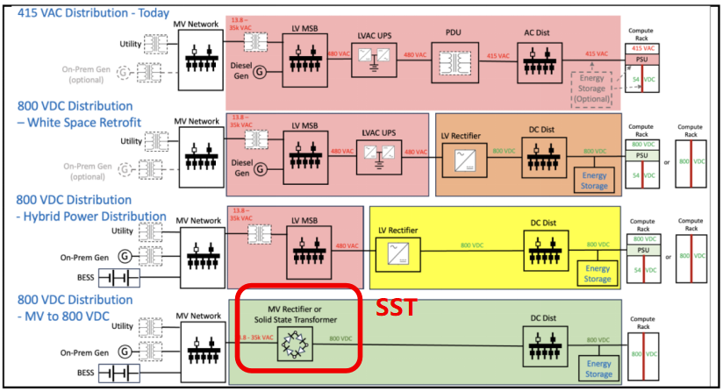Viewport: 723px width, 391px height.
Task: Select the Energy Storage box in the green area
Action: coord(598,368)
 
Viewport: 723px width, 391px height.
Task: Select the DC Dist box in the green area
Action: coord(541,349)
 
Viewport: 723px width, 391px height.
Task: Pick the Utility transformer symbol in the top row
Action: coord(160,44)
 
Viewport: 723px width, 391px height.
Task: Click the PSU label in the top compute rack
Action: coord(641,60)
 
